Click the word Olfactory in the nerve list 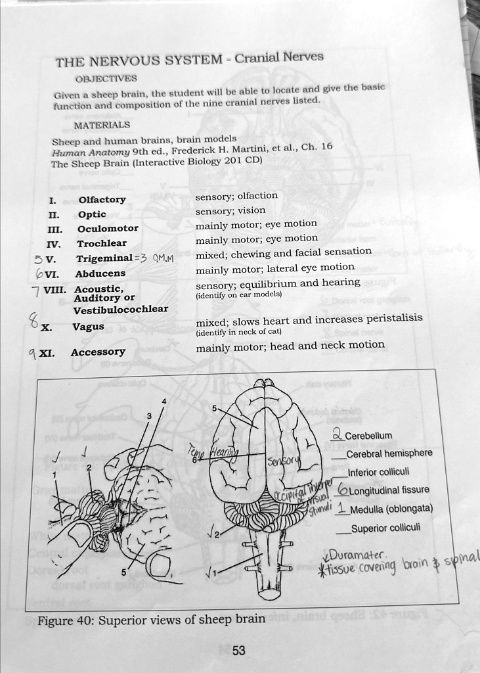(102, 200)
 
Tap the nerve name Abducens (100, 274)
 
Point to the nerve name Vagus (87, 327)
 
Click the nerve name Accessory (98, 352)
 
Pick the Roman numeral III (55, 229)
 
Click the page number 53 (238, 651)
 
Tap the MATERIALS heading (102, 125)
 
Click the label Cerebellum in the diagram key (368, 435)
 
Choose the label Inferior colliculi (378, 471)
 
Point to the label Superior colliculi (382, 528)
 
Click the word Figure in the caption (55, 619)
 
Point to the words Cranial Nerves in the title (279, 57)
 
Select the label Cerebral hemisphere (389, 453)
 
